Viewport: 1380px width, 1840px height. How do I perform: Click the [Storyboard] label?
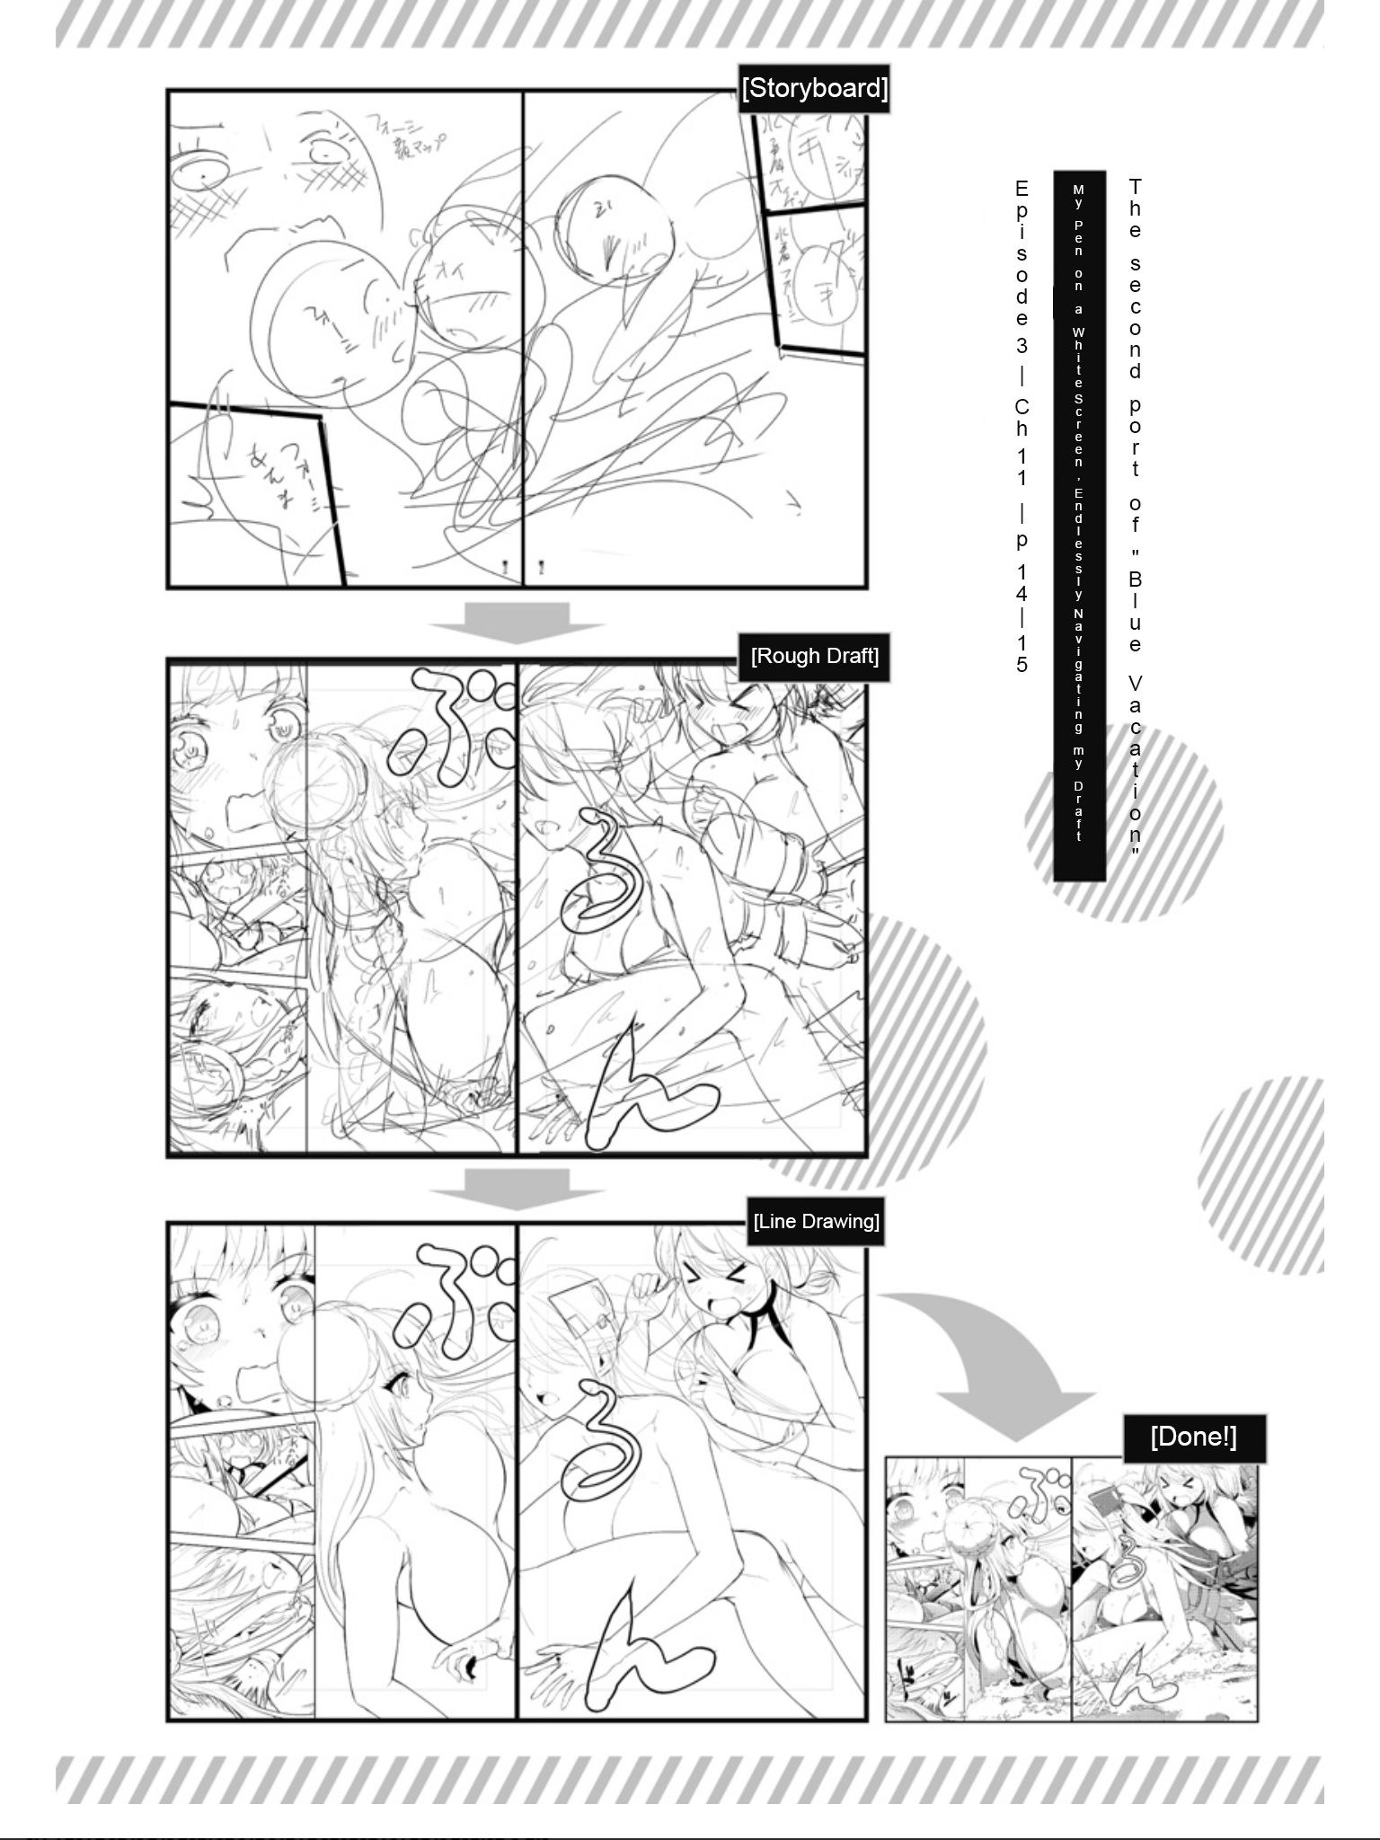click(x=814, y=88)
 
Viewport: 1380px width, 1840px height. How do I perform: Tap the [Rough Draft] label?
click(x=814, y=656)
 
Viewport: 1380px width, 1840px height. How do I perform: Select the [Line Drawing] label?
click(x=816, y=1221)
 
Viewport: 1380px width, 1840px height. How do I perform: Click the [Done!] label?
click(x=1193, y=1437)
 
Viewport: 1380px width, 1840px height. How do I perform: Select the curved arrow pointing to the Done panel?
click(x=997, y=1357)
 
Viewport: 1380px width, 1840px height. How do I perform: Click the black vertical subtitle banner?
click(x=1078, y=526)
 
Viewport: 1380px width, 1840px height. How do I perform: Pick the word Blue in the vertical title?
click(x=1135, y=611)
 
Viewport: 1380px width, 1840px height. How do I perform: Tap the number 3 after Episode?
click(x=1022, y=345)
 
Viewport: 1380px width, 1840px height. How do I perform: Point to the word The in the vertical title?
click(x=1135, y=208)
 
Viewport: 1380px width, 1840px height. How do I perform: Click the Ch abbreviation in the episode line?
click(x=1022, y=417)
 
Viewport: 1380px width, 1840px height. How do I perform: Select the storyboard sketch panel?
click(x=517, y=339)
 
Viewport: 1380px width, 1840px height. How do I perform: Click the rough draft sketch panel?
click(x=517, y=907)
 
